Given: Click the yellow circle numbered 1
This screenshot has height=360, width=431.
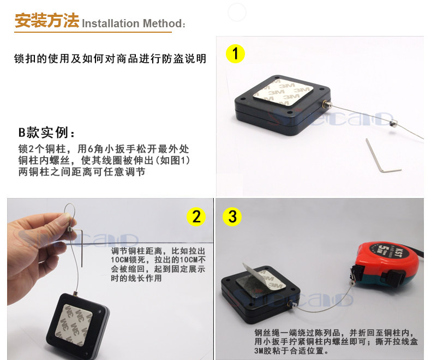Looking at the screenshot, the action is [x=235, y=53].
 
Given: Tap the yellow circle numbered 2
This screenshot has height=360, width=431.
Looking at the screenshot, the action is [x=196, y=217].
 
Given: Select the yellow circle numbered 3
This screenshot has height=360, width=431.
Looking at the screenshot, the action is [x=232, y=217].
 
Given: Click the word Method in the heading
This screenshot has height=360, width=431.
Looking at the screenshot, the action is [x=162, y=23].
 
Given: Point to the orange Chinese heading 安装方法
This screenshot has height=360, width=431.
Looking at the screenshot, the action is [x=47, y=20].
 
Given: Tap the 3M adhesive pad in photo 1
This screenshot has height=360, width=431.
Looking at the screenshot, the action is [x=283, y=92].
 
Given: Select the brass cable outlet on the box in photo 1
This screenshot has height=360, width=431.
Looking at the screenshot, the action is [x=327, y=104].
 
